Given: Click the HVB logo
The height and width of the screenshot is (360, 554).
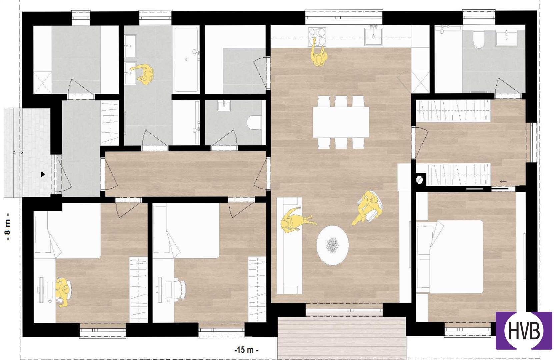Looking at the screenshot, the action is click(x=524, y=330).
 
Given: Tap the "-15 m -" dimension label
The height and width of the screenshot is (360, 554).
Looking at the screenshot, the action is click(x=247, y=350).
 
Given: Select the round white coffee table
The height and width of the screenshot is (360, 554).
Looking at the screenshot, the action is click(x=333, y=245).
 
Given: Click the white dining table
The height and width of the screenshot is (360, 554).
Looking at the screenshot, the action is click(x=341, y=122).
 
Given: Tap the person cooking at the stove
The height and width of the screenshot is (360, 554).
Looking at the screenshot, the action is click(x=319, y=53).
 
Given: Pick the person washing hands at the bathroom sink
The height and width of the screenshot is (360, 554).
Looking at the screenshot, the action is click(x=143, y=73).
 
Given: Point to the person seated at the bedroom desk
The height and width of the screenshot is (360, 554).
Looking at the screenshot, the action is click(x=63, y=292).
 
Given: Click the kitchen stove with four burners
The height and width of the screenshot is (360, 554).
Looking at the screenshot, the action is click(x=317, y=37).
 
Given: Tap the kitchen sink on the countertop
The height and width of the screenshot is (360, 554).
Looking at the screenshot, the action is click(x=373, y=36).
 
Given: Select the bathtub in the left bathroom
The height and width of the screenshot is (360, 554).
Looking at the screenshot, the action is click(x=186, y=60).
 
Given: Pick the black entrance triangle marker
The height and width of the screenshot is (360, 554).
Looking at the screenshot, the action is click(x=43, y=174).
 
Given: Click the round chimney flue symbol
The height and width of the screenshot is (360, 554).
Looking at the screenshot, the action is click(x=420, y=180).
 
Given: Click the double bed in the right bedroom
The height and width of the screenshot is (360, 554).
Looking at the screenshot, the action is click(x=450, y=256).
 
